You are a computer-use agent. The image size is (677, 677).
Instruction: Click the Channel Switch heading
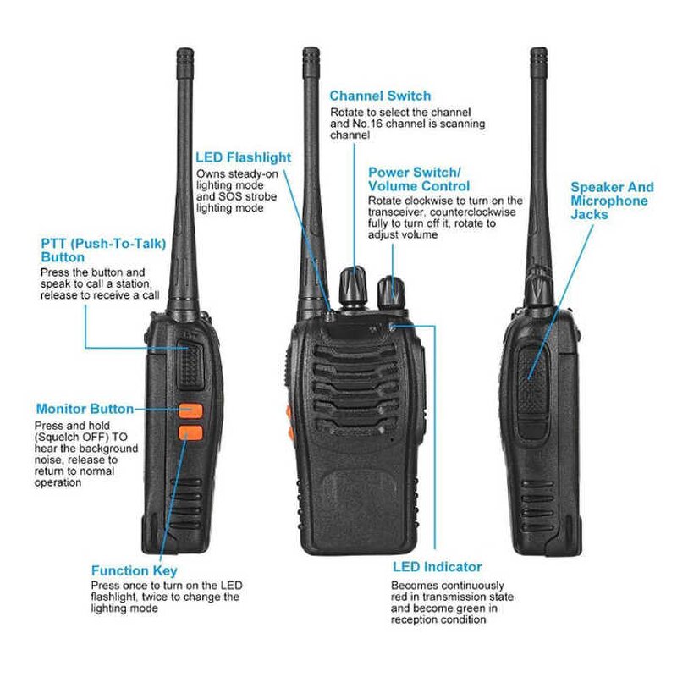click(x=380, y=96)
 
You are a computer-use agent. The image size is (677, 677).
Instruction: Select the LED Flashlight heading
click(x=243, y=157)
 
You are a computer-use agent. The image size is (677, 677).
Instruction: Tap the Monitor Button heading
click(x=85, y=409)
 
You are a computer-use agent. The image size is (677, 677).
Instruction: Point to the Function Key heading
click(x=135, y=571)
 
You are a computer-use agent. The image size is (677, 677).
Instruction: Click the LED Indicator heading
click(x=438, y=567)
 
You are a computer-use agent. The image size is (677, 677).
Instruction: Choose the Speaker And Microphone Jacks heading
click(x=611, y=201)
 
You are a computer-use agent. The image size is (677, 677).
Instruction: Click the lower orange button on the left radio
click(x=191, y=436)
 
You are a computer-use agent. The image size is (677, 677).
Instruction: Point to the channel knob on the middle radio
click(x=353, y=288)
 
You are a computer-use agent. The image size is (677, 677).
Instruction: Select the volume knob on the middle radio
click(x=391, y=290)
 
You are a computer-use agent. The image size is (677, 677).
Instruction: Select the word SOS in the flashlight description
click(x=230, y=195)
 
